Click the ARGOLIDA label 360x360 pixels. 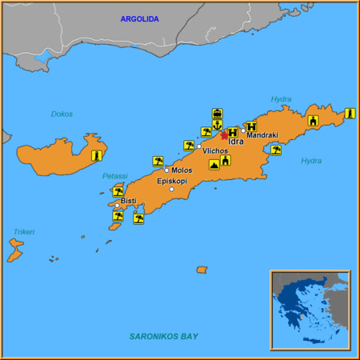click(139, 18)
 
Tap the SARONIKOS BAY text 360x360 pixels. click(164, 337)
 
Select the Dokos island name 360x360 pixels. click(62, 114)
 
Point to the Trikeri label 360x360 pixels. click(24, 231)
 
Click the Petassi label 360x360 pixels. click(114, 176)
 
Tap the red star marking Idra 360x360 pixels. click(224, 135)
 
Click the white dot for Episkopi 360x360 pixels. click(171, 189)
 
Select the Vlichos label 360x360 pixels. click(215, 150)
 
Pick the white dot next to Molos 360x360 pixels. click(166, 170)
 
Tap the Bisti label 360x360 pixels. click(128, 200)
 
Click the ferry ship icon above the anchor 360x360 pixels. click(217, 113)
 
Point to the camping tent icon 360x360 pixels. click(214, 164)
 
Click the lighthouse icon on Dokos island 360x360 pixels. click(97, 155)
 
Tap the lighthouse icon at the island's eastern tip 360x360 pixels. click(350, 114)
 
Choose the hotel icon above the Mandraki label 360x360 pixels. click(251, 126)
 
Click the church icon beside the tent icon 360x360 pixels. click(226, 160)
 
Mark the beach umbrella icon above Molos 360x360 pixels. click(158, 161)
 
